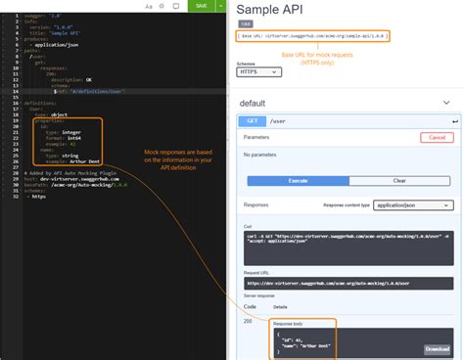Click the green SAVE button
click(202, 6)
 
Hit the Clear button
click(399, 181)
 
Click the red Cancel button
click(437, 138)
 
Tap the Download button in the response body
click(437, 349)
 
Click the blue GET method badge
click(253, 121)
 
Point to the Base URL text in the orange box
click(312, 36)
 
